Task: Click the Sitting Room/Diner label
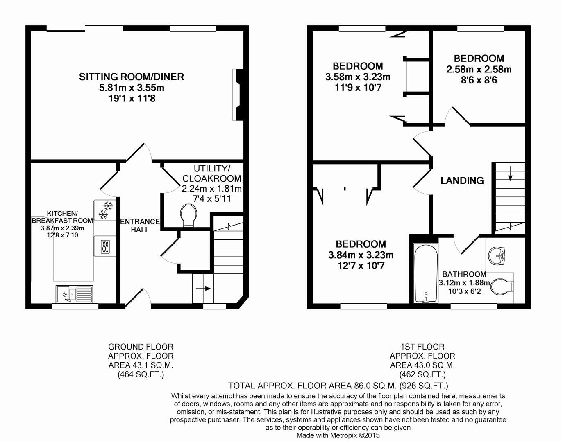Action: click(131, 77)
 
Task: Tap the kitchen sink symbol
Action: click(74, 293)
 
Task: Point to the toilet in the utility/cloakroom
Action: click(188, 215)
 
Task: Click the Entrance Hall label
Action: click(140, 226)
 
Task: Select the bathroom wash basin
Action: click(498, 256)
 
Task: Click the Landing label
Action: click(462, 180)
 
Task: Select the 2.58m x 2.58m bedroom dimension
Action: click(479, 70)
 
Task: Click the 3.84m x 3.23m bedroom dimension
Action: click(361, 255)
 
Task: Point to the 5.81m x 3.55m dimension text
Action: click(131, 88)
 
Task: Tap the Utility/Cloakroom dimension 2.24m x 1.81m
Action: click(211, 189)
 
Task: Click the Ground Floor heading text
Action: click(141, 347)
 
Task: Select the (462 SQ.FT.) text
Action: click(422, 374)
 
